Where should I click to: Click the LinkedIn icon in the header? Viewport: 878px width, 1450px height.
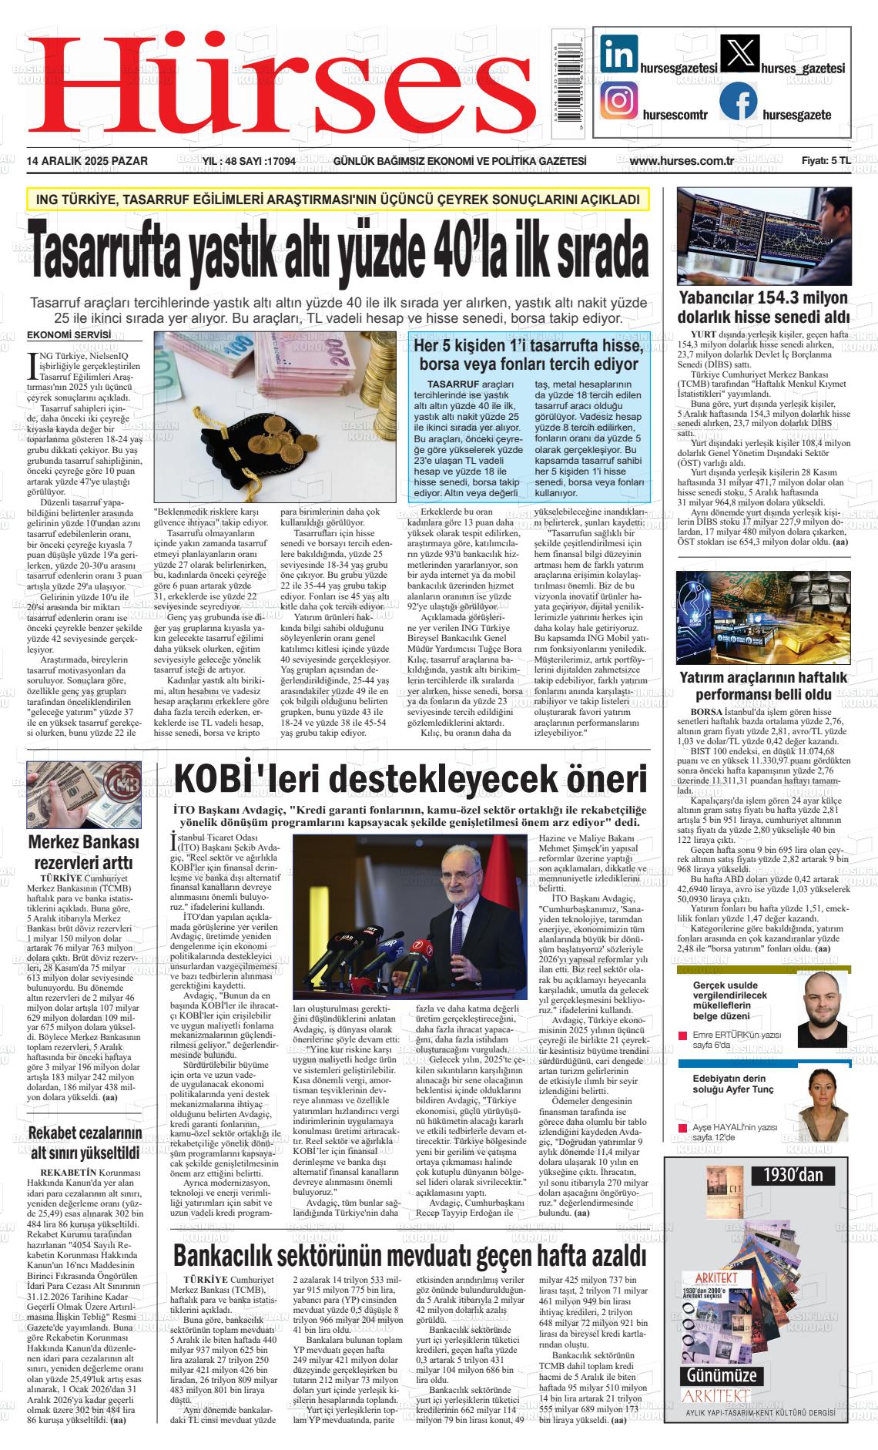[x=618, y=53]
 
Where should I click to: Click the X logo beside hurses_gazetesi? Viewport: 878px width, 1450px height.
[x=738, y=53]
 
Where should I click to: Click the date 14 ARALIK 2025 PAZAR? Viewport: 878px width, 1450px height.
[x=87, y=161]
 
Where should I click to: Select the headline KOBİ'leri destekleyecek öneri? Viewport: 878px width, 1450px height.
[x=411, y=779]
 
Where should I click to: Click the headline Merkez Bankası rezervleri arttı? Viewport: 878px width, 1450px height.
[x=83, y=851]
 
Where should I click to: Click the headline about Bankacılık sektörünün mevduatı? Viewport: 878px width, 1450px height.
[x=410, y=1254]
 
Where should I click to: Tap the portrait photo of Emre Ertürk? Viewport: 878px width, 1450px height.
[x=822, y=1006]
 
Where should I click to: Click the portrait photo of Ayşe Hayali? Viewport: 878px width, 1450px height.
[x=823, y=1104]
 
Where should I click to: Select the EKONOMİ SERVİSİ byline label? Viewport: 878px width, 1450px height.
[x=69, y=335]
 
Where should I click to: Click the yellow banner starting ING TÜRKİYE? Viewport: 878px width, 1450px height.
[x=337, y=200]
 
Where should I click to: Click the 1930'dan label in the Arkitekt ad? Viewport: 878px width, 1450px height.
[x=793, y=1175]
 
